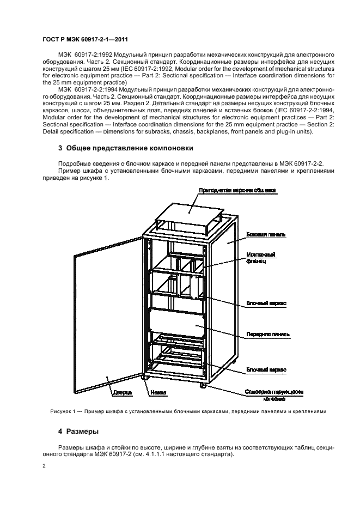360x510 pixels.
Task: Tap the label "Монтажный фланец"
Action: pyautogui.click(x=260, y=258)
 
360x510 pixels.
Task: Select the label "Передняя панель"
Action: pyautogui.click(x=267, y=335)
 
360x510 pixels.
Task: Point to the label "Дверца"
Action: pyautogui.click(x=121, y=392)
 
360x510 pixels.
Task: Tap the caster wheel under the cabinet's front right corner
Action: pyautogui.click(x=203, y=385)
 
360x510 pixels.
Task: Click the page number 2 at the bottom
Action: pyautogui.click(x=45, y=466)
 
